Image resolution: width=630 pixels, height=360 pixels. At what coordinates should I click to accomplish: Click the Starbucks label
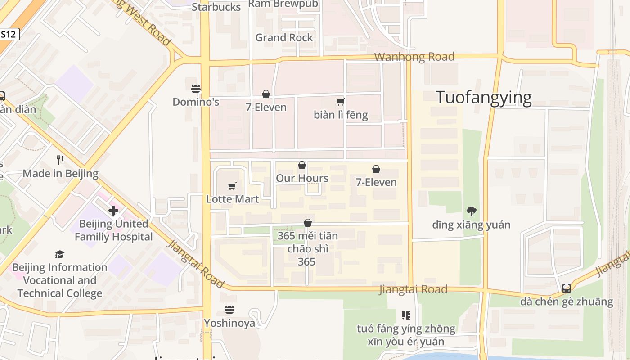[x=216, y=7]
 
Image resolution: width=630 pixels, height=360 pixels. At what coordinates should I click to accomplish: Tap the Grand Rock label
[x=284, y=37]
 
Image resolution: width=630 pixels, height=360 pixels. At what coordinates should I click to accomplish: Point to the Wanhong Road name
[x=414, y=57]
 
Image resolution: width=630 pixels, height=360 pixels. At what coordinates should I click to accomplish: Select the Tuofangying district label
[x=484, y=97]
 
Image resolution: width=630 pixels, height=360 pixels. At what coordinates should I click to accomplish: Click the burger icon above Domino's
[x=196, y=88]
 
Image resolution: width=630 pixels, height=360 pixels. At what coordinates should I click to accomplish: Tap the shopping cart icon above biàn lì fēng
[x=341, y=102]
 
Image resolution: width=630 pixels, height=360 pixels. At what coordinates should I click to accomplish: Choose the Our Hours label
[x=302, y=178]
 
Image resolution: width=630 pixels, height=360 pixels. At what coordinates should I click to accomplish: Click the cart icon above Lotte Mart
[x=232, y=186]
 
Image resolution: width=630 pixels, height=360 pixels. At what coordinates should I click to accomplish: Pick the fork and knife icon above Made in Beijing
[x=60, y=160]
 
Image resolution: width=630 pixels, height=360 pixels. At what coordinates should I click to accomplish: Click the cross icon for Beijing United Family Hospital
[x=113, y=210]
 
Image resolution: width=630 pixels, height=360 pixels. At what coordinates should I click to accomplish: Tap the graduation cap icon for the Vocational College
[x=59, y=254]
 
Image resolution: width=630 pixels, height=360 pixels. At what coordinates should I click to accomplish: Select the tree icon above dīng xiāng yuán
[x=472, y=211]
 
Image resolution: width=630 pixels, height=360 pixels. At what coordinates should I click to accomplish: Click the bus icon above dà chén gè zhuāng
[x=567, y=288]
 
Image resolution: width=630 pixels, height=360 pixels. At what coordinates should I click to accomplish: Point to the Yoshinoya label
[x=229, y=323]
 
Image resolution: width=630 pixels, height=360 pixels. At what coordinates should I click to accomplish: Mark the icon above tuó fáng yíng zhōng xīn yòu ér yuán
[x=406, y=315]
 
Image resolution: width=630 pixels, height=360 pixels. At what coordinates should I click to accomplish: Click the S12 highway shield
[x=9, y=34]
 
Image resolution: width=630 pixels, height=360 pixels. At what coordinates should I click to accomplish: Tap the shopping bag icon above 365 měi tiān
[x=308, y=223]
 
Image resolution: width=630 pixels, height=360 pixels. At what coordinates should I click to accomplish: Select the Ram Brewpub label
[x=283, y=4]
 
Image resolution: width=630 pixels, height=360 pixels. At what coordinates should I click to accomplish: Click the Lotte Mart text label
[x=232, y=199]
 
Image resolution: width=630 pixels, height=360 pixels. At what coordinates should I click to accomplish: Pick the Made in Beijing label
[x=60, y=174]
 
